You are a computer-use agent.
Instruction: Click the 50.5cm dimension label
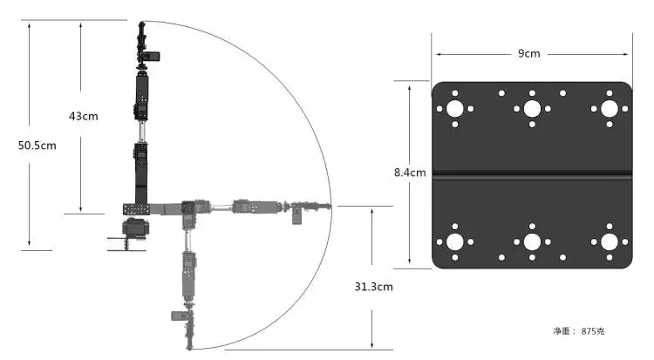(37, 146)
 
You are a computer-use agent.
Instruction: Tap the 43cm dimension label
(84, 116)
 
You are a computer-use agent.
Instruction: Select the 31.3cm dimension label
(373, 286)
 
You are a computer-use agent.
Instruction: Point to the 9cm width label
(529, 53)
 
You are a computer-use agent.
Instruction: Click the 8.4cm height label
(410, 173)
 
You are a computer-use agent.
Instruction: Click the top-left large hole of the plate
(454, 109)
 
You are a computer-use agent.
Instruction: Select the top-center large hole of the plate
(532, 109)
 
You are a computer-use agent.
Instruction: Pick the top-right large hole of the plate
(609, 109)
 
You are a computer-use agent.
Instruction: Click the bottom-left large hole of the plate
(454, 241)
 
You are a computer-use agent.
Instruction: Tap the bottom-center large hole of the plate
(532, 241)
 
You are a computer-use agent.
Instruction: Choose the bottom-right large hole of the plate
(609, 241)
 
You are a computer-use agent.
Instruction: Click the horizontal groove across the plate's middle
(532, 175)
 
